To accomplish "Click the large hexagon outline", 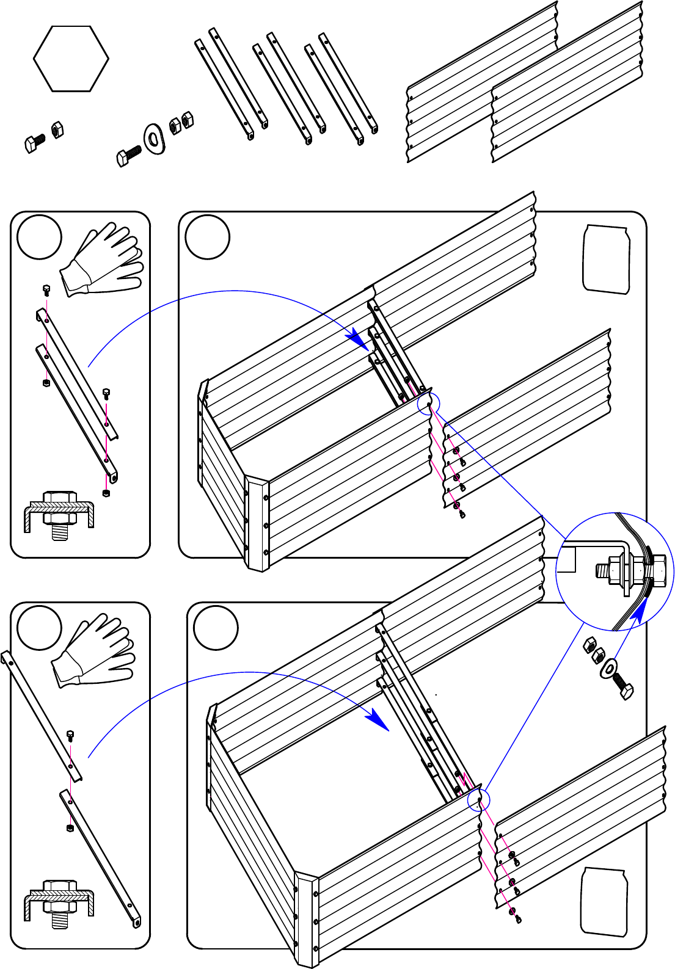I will click(x=71, y=59).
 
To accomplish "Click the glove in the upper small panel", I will click(x=104, y=260).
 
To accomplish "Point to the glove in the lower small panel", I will click(x=95, y=651).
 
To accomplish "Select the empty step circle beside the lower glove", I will click(x=40, y=628).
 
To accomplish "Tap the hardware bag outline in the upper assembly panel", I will click(x=606, y=259).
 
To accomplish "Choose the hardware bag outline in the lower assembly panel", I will click(x=604, y=902).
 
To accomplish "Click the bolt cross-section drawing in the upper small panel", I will click(x=59, y=512).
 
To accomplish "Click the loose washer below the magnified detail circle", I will click(x=608, y=667).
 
